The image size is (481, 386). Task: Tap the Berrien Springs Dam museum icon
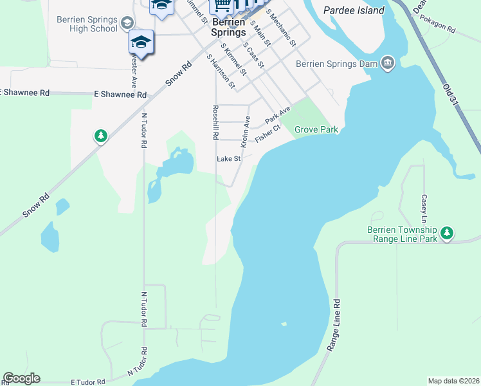(x=388, y=63)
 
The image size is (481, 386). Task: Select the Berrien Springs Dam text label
(x=337, y=64)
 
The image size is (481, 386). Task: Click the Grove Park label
(x=316, y=130)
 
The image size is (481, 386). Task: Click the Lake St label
(x=228, y=159)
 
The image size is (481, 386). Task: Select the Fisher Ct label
(x=268, y=134)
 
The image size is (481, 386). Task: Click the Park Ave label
(x=278, y=116)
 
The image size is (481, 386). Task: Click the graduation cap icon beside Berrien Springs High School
(x=128, y=23)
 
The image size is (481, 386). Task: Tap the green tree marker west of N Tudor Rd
(x=100, y=136)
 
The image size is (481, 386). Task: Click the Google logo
(x=21, y=378)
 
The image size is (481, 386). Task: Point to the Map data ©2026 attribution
(x=453, y=381)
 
